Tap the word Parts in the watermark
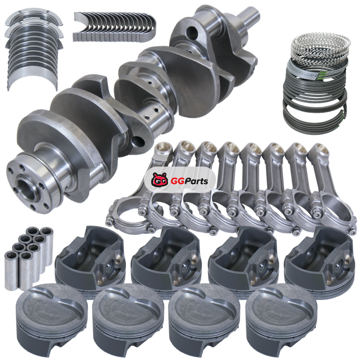tap(195, 181)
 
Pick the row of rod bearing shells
tap(114, 27)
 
